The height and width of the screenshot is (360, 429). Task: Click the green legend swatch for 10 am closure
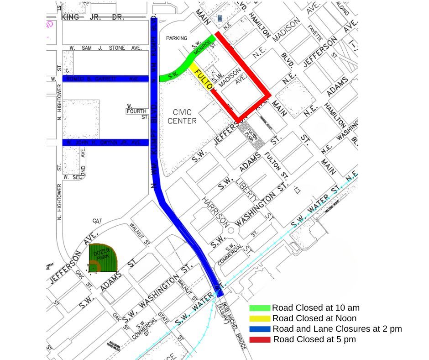point(260,308)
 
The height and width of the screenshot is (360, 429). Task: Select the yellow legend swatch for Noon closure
point(260,318)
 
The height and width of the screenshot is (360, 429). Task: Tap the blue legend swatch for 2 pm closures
point(260,329)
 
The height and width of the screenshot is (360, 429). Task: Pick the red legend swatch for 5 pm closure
point(260,339)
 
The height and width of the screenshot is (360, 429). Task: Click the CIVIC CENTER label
point(182,116)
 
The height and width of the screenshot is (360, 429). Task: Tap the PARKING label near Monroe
point(177,38)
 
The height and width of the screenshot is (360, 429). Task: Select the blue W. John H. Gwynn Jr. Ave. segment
point(105,143)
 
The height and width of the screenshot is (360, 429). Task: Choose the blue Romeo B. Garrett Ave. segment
point(105,79)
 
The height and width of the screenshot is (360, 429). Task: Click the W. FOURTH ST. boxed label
point(137,111)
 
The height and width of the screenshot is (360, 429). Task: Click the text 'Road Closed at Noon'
point(314,318)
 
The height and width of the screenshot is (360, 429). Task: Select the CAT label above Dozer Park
point(97,221)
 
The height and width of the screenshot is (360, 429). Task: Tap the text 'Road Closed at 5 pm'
point(314,339)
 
